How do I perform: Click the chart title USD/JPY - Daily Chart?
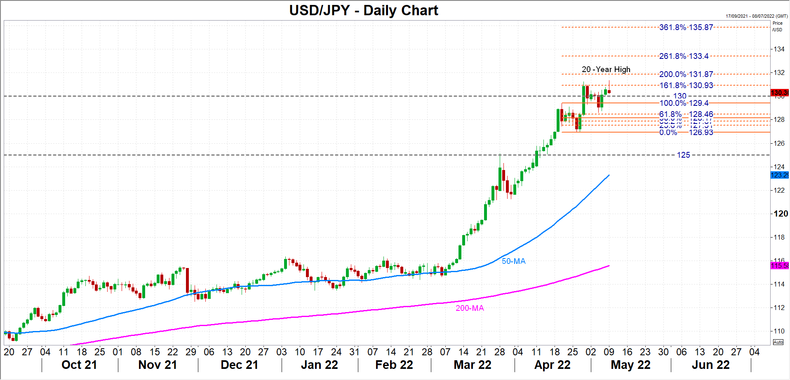tap(363, 10)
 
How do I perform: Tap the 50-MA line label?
tap(513, 261)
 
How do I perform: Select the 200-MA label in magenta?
tap(470, 308)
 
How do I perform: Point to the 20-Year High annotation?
tap(606, 69)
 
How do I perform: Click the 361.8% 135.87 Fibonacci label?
tap(686, 27)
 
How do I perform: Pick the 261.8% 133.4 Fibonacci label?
tap(684, 56)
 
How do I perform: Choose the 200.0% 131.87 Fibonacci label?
tap(686, 74)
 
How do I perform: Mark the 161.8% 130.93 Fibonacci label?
tap(686, 85)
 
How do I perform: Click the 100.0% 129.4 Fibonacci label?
tap(684, 103)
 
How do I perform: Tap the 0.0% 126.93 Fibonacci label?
tap(686, 132)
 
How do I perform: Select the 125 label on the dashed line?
tap(683, 155)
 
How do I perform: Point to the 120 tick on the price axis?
tap(781, 214)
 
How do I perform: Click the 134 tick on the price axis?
tap(779, 49)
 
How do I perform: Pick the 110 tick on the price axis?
tap(779, 331)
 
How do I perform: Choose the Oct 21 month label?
tap(79, 365)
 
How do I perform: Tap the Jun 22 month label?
tap(710, 365)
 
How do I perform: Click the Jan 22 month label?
tap(319, 365)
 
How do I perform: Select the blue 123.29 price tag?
tap(779, 175)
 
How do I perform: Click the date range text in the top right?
tap(757, 16)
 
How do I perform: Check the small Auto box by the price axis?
tap(778, 342)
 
